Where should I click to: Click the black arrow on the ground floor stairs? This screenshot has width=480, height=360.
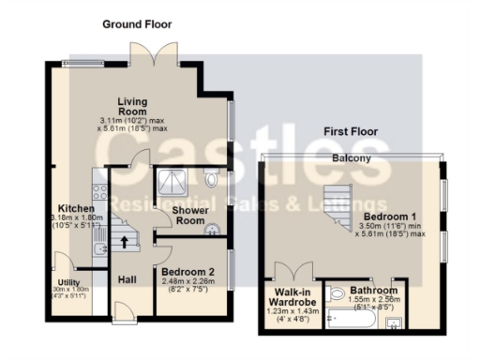(x=124, y=242)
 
